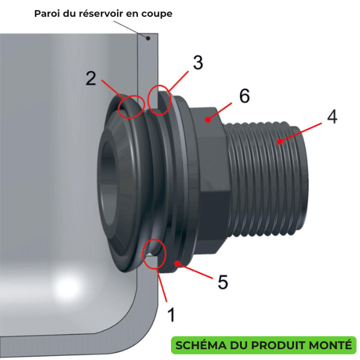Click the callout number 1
(x=171, y=314)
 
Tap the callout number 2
(x=91, y=79)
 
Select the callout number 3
(x=198, y=62)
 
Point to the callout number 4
(x=332, y=116)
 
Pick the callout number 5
(x=223, y=282)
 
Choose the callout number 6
(x=245, y=95)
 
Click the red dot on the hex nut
(x=208, y=119)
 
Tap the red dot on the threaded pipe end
(x=280, y=142)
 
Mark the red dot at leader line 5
(x=177, y=263)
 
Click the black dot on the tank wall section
(x=148, y=38)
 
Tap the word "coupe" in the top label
(x=157, y=14)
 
